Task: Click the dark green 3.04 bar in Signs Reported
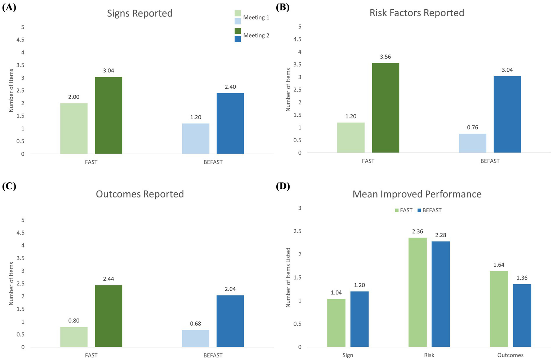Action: [108, 115]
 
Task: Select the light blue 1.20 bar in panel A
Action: [196, 139]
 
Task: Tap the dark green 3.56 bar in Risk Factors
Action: [385, 108]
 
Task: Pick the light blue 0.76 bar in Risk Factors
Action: [473, 143]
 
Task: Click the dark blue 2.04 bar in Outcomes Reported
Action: [230, 321]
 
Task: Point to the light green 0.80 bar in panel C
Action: [74, 337]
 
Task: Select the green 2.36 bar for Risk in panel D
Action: [418, 292]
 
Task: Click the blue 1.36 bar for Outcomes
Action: [522, 315]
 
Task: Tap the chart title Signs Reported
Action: [140, 13]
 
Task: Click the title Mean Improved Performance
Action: [417, 194]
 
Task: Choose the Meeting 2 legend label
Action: [256, 35]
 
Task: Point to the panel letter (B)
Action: [282, 7]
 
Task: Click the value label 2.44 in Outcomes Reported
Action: [108, 279]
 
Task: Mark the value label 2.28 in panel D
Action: [441, 235]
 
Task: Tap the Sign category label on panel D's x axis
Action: [348, 355]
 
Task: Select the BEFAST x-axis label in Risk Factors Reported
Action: [490, 161]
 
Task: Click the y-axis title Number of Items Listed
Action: [288, 277]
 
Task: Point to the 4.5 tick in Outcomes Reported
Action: [21, 233]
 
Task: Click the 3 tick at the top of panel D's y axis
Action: [300, 208]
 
